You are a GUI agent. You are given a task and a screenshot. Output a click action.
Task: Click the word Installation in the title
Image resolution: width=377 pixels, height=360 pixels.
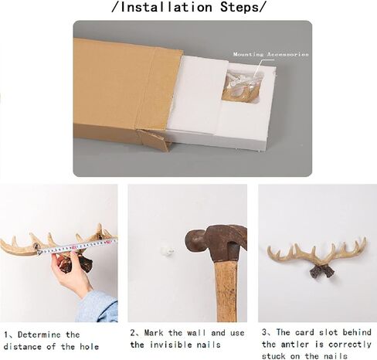166,7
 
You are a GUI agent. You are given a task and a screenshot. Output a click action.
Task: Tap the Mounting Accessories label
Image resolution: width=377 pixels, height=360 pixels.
270,54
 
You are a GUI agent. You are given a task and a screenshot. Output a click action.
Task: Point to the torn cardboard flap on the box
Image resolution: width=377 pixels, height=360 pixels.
153,140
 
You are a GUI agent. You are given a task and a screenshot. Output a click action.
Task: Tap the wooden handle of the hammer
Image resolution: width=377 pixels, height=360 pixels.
226,291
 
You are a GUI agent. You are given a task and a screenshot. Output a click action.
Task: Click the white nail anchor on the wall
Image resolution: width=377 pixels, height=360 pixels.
166,251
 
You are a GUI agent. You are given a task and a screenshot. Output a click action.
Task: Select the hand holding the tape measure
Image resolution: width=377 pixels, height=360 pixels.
71,273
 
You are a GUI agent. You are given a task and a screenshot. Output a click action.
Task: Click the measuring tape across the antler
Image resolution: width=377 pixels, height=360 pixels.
77,246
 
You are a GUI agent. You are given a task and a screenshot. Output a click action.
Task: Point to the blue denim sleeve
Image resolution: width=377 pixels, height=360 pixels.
98,307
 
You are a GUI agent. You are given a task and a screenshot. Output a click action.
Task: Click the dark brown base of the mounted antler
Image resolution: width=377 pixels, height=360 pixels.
322,272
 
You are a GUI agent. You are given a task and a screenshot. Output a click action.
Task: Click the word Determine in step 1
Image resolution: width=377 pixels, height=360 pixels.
39,335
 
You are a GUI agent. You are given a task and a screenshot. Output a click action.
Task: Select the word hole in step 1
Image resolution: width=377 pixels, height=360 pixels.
89,346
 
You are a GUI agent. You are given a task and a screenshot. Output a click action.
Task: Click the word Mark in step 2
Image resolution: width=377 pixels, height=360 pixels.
154,333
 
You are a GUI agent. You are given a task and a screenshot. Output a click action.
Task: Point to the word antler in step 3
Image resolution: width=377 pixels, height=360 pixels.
295,345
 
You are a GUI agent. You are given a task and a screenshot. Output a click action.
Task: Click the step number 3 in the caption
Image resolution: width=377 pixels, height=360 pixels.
264,332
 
